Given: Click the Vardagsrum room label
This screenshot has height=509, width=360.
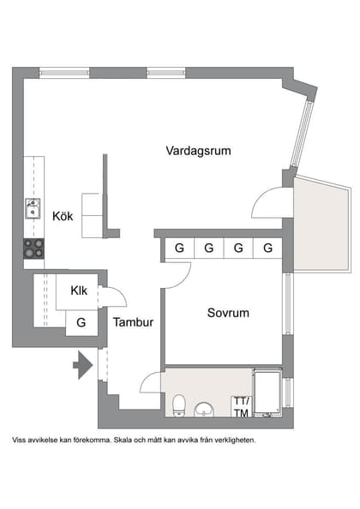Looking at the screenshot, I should pos(199,151).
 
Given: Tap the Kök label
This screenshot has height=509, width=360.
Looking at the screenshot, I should pos(63,216).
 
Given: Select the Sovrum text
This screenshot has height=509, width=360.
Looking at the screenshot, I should pos(228,313).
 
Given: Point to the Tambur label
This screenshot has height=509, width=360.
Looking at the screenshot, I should pos(133,323).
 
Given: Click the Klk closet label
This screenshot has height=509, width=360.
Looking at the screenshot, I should pos(80,290).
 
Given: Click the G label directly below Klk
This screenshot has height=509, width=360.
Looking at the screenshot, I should pos(81,323).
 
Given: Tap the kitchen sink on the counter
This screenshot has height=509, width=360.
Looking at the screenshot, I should pos(33,208).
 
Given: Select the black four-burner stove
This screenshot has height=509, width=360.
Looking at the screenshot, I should pos(33,248).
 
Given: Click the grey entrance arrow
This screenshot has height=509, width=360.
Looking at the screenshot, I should pos(82,365).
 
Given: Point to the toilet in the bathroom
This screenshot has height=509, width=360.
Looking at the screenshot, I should pos(179,405).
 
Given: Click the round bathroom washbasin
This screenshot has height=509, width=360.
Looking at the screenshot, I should pos(206,409).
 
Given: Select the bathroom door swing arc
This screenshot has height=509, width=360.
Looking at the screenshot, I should pos(151,381).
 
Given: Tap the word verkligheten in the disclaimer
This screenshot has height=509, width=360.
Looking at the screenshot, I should pos(232,440).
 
